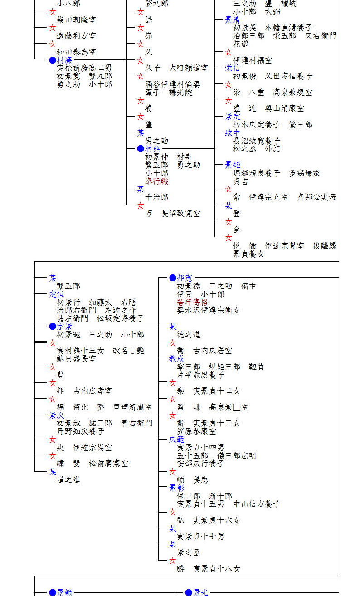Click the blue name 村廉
tap(64, 60)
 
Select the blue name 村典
tap(152, 149)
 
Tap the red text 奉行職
tap(156, 181)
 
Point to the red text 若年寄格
tap(192, 303)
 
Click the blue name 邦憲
tap(185, 278)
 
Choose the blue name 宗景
tap(64, 326)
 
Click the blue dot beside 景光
tap(189, 592)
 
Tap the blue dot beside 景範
tap(53, 592)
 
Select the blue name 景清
tap(233, 20)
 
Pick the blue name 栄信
tap(233, 68)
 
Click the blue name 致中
tap(233, 133)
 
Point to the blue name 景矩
tap(233, 165)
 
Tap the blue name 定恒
tap(57, 294)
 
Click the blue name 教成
tap(177, 358)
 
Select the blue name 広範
tap(177, 439)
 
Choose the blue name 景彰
tap(177, 488)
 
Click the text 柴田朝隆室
tap(76, 20)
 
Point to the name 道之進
tap(68, 480)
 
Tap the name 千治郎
tap(156, 197)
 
